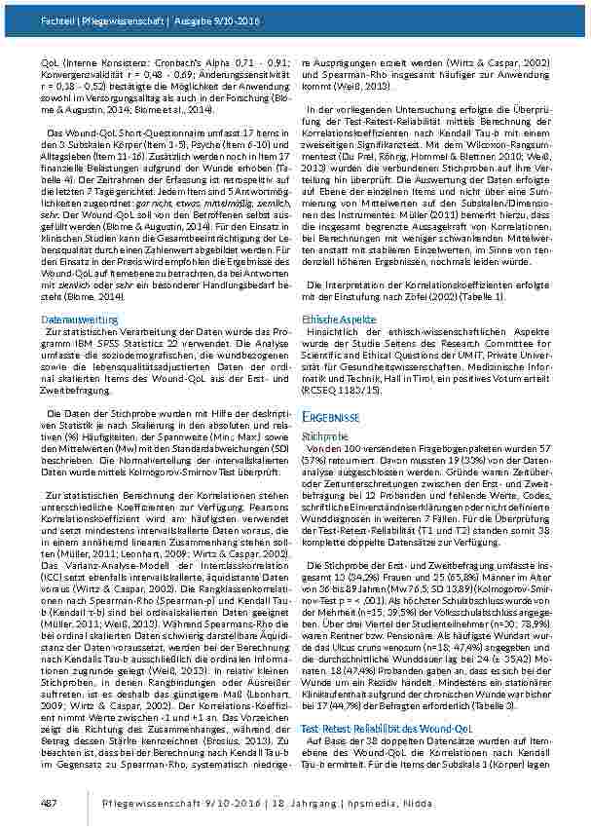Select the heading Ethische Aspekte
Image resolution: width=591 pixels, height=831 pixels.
[338, 318]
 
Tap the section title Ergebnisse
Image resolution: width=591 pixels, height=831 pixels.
[337, 416]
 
